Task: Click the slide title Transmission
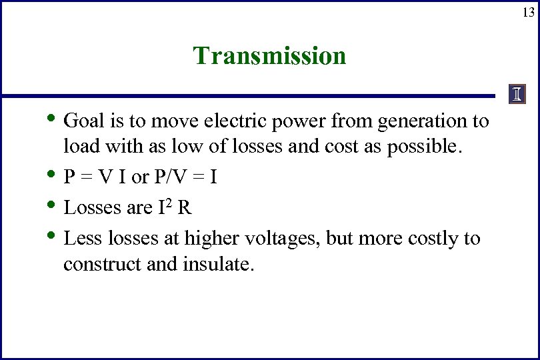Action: (x=269, y=55)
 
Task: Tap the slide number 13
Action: (x=528, y=12)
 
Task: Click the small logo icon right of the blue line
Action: (x=517, y=95)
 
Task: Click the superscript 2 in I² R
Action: (x=169, y=202)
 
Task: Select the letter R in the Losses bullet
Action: (x=185, y=208)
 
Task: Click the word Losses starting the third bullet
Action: (x=90, y=208)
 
